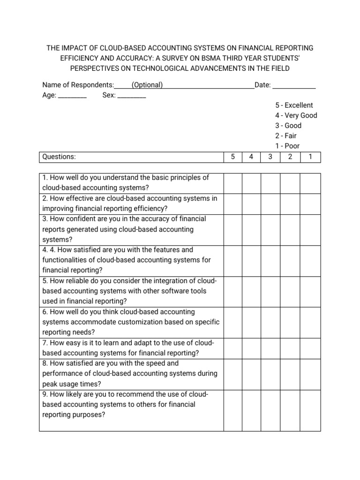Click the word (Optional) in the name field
coord(147,85)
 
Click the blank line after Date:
coord(294,86)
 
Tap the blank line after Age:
coord(72,96)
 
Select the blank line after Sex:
coord(131,96)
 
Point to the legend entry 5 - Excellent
coord(294,105)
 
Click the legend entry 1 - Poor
coord(287,146)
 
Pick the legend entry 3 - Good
coord(288,126)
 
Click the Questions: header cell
coord(59,157)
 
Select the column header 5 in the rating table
coord(233,157)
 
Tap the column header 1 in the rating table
coord(310,157)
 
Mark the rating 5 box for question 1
coord(233,183)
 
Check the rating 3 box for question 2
coord(270,203)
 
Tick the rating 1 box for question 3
coord(310,229)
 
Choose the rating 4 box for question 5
coord(251,291)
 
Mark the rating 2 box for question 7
coord(290,348)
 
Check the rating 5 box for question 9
coord(233,410)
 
